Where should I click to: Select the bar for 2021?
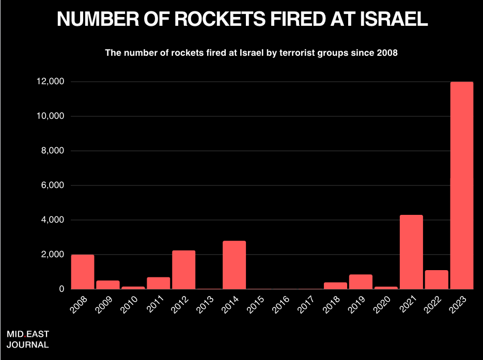411,252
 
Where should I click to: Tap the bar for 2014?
234,265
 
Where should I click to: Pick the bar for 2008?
83,272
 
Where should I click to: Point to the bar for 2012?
183,270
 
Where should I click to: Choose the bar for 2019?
361,281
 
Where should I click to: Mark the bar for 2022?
437,279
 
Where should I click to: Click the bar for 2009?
108,285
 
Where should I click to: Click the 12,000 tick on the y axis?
50,82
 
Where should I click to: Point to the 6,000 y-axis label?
53,185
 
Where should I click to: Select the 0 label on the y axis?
61,289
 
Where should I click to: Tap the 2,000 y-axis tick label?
53,255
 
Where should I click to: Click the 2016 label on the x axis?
281,304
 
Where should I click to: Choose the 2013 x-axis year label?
205,304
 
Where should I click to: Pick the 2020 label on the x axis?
382,304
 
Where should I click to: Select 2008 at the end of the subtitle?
386,53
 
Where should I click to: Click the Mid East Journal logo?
28,339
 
